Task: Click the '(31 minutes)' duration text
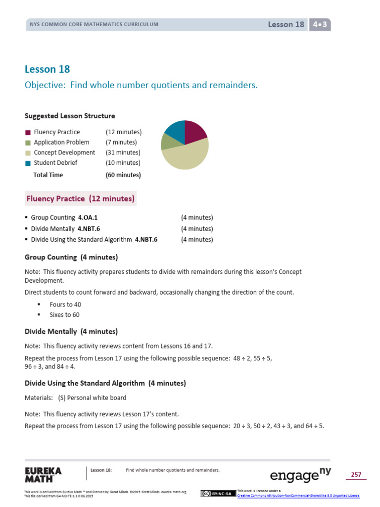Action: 123,152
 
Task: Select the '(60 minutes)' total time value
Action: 123,175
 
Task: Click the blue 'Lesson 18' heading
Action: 47,69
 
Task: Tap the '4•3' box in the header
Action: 320,24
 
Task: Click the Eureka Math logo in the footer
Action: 43,474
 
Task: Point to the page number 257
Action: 356,475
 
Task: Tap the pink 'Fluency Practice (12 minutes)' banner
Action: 81,199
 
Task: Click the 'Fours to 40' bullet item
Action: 65,304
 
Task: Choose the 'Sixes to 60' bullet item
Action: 64,315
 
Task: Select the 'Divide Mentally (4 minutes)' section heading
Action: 71,331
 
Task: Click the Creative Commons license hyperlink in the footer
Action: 298,496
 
